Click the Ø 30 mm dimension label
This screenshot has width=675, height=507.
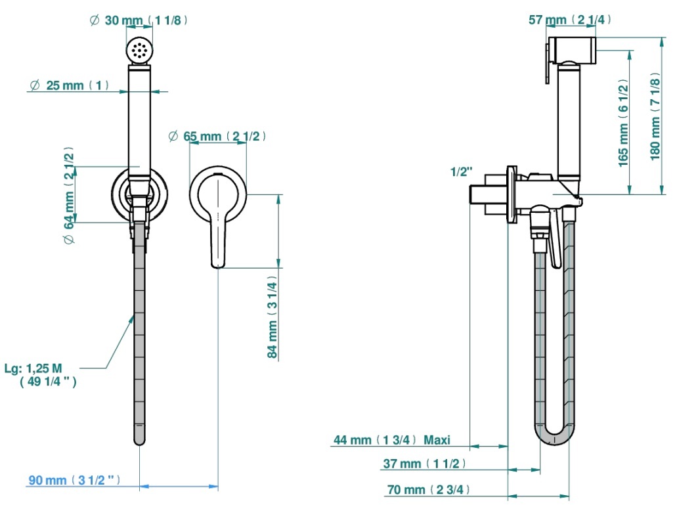point(139,20)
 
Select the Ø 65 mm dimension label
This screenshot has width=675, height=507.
point(217,137)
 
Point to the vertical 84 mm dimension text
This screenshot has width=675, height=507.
point(272,317)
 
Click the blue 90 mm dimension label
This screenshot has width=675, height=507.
point(74,480)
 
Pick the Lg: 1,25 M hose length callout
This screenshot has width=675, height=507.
point(41,374)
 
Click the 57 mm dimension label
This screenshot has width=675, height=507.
point(569,19)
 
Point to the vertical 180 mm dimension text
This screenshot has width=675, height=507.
point(655,116)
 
